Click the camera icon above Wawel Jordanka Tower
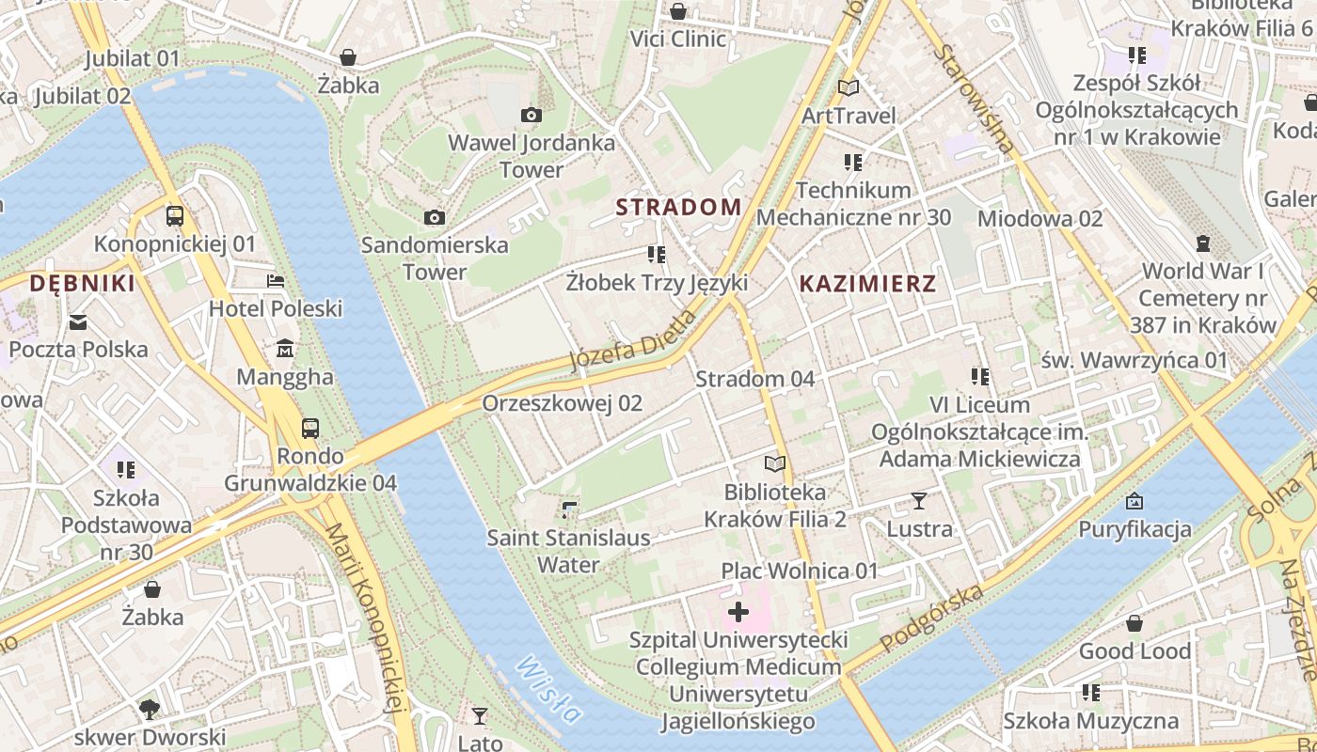(531, 115)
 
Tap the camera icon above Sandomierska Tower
(434, 217)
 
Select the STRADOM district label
(678, 207)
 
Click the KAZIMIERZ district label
(866, 283)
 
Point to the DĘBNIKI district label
(82, 283)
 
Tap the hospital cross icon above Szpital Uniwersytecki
(738, 613)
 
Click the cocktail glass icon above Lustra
(919, 501)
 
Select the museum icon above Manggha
(285, 350)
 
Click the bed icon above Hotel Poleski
(275, 281)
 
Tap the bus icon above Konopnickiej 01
(175, 216)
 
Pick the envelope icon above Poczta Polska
(78, 322)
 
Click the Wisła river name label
(548, 688)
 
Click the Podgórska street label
(932, 618)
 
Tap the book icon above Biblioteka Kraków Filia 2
(774, 464)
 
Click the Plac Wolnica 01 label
(799, 571)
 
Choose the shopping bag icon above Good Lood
(1135, 623)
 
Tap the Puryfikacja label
(1135, 529)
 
